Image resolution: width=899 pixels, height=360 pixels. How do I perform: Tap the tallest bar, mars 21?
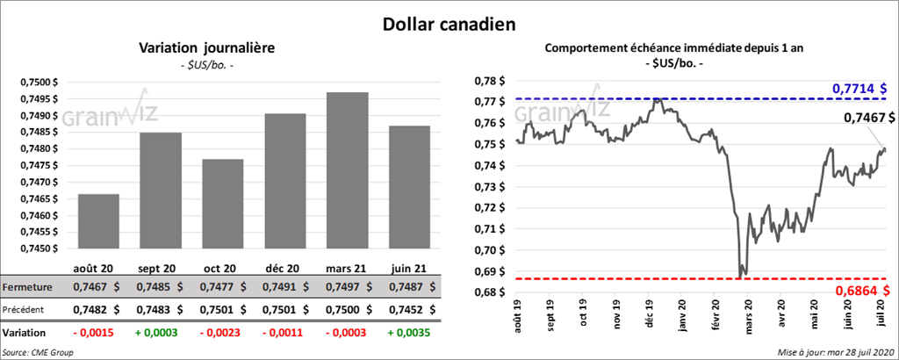[x=349, y=170]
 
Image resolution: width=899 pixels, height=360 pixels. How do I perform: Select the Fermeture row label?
[x=27, y=287]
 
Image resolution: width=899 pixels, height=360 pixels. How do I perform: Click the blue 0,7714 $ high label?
[x=859, y=89]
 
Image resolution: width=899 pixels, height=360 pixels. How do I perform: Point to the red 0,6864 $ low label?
[x=859, y=291]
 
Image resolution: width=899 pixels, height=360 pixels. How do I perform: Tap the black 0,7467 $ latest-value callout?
[x=869, y=117]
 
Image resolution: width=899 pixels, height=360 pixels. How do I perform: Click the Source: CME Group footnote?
[x=37, y=352]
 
